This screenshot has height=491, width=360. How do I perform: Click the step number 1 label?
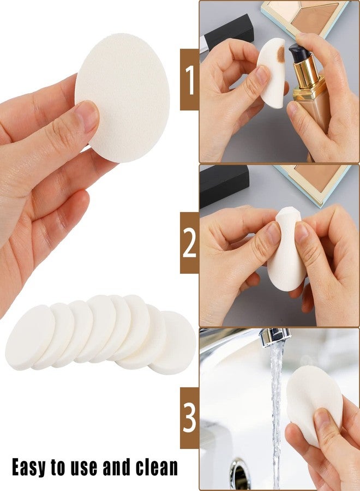pyautogui.click(x=189, y=80)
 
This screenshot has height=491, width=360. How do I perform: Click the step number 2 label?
pyautogui.click(x=189, y=243)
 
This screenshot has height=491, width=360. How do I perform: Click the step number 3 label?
pyautogui.click(x=189, y=418)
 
